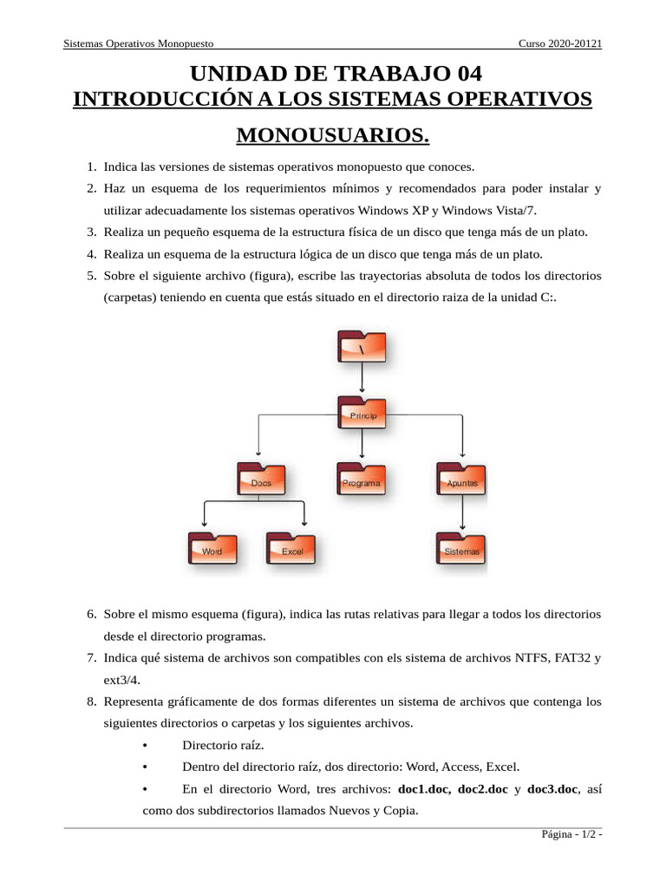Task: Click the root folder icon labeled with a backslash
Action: (x=362, y=347)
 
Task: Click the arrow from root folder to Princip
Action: (x=362, y=380)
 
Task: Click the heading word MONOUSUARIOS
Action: (x=333, y=136)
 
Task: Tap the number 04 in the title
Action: (x=460, y=73)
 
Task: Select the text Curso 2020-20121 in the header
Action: (x=560, y=43)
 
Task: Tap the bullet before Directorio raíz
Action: (x=146, y=745)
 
